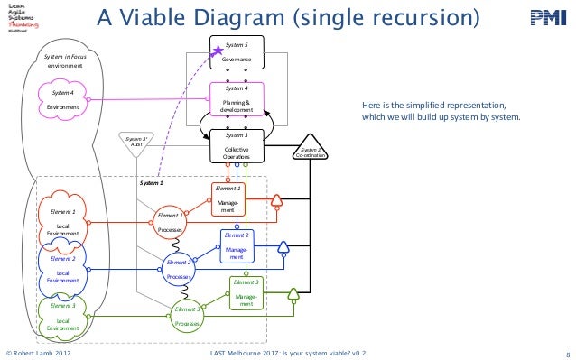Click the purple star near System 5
point(217,54)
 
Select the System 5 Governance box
point(236,53)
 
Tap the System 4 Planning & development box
point(236,99)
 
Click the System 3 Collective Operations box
point(236,145)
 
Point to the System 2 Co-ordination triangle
point(312,152)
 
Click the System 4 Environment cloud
point(63,100)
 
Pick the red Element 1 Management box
point(228,200)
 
